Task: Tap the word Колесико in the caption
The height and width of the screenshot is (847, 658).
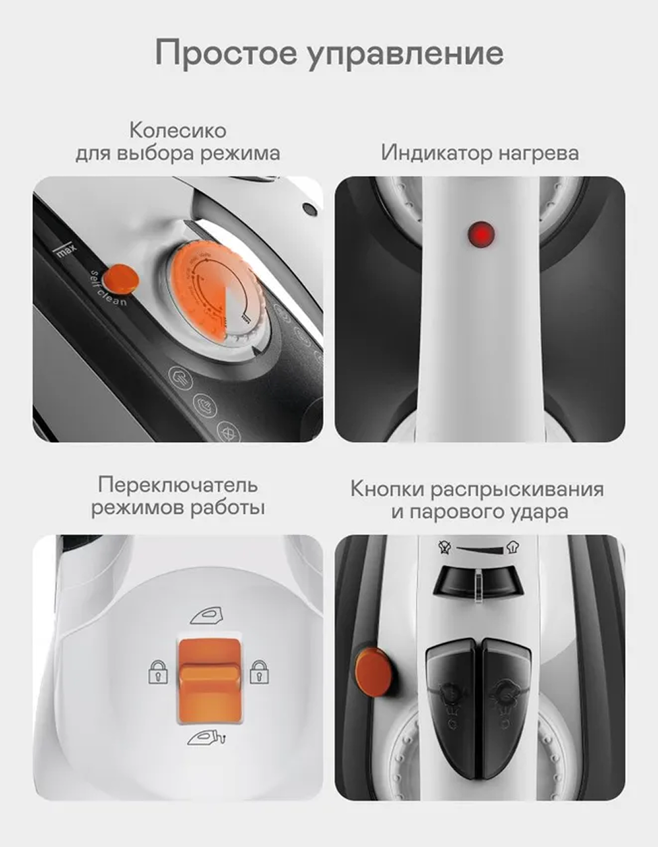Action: [x=178, y=130]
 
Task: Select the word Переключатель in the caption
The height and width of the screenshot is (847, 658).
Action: [x=178, y=485]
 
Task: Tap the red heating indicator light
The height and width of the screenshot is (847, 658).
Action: [x=481, y=234]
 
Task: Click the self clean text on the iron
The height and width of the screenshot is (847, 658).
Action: [x=108, y=288]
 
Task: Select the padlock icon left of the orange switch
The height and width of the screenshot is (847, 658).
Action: [x=157, y=672]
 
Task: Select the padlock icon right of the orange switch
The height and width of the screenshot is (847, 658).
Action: [x=259, y=672]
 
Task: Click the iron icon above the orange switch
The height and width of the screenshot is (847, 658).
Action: [x=207, y=615]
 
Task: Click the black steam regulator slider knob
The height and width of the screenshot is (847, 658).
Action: [x=478, y=582]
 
